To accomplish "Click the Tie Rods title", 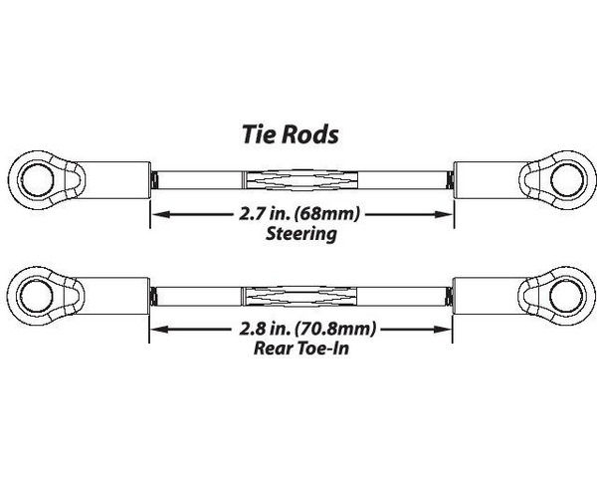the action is coord(291,134).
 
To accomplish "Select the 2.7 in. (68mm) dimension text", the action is coord(299,214).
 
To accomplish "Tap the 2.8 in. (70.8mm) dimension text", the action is coord(307,329).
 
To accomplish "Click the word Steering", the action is coord(300,234).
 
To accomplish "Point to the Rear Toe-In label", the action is coord(301,348).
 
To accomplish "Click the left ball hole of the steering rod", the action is coord(37,180).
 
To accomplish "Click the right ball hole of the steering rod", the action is coord(567,180).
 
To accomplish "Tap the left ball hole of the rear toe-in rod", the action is coord(36,296).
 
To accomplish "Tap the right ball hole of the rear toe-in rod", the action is coord(566,296).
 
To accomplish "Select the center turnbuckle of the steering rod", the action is coord(300,180).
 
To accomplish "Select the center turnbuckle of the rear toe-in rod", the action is coord(299,296).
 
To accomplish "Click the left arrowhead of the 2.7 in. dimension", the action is coord(160,214).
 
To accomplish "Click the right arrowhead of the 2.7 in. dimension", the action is coord(444,214).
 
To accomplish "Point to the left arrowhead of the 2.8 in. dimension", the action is coord(159,329).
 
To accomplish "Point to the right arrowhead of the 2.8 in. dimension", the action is coord(443,329).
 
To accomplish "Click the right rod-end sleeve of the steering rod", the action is coord(492,180).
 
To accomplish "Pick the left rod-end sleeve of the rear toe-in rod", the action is coord(112,296).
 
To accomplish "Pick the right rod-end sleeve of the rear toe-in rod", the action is coord(490,296).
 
